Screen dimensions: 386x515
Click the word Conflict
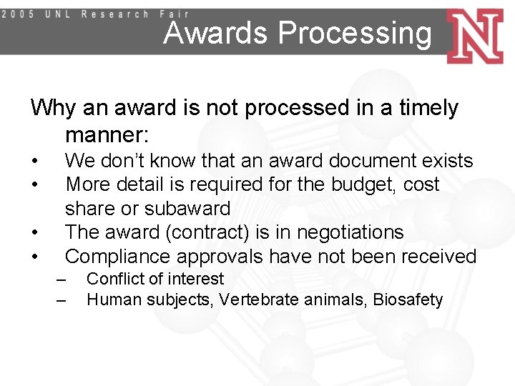click(112, 279)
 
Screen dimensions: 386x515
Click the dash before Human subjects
click(62, 300)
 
